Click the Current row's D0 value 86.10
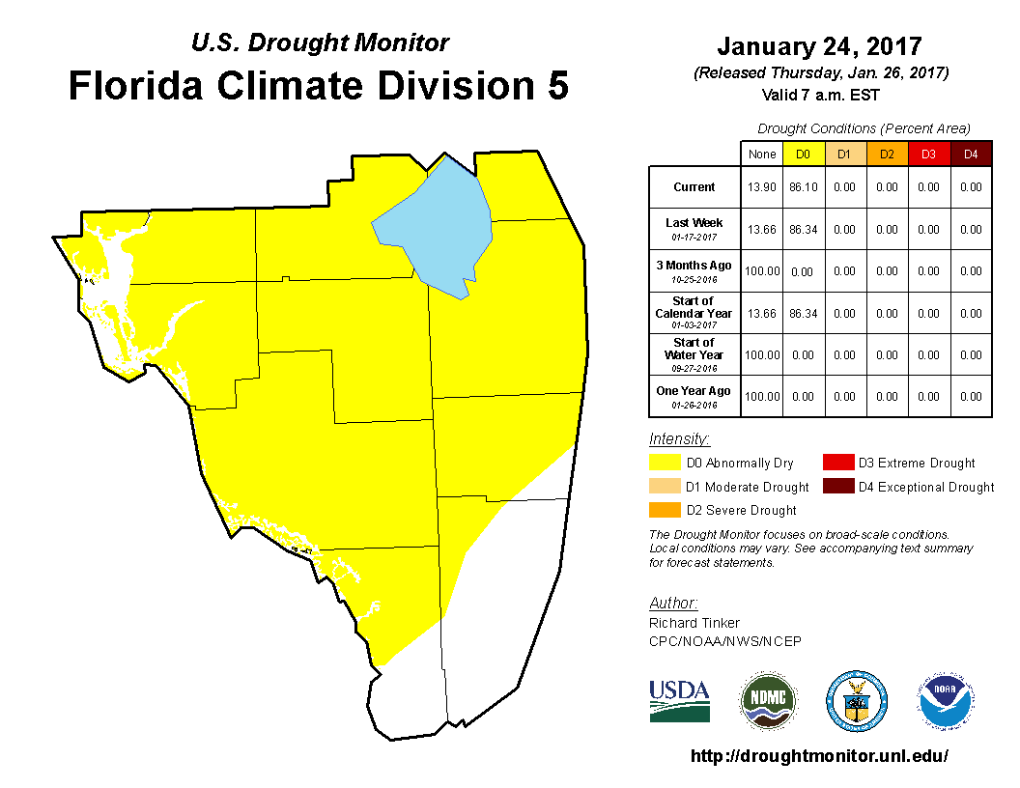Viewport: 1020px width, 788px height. (x=803, y=187)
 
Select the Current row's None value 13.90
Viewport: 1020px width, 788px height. (x=762, y=187)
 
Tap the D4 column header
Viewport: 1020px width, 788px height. (x=971, y=155)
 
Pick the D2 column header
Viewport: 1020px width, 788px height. (x=887, y=155)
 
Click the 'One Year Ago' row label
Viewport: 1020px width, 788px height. (x=694, y=392)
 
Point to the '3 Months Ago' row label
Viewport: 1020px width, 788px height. (x=694, y=267)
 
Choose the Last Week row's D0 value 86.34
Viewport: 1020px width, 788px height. (x=803, y=230)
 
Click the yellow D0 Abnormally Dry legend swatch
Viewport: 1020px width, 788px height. (x=664, y=464)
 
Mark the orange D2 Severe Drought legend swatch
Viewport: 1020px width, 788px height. (x=664, y=510)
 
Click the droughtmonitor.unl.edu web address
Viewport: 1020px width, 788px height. (x=819, y=756)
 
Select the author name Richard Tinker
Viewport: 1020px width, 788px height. (x=694, y=623)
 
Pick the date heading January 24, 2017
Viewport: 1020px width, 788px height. (x=819, y=46)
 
